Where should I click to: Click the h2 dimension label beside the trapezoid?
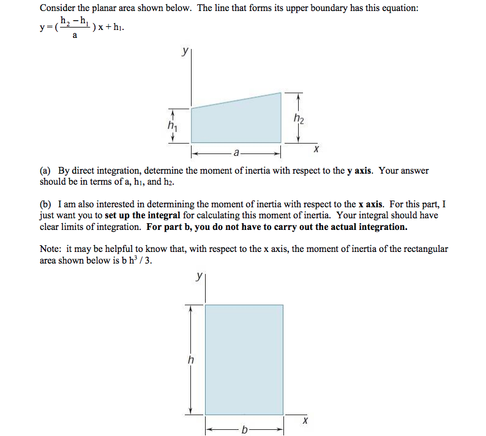click(298, 118)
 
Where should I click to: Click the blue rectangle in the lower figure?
click(244, 359)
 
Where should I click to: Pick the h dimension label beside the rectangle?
click(190, 360)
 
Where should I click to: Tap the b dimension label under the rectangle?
click(244, 430)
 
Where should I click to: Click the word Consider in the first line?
click(57, 9)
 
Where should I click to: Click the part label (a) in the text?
click(46, 171)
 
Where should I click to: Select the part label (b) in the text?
click(46, 204)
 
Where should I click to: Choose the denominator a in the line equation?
click(75, 36)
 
